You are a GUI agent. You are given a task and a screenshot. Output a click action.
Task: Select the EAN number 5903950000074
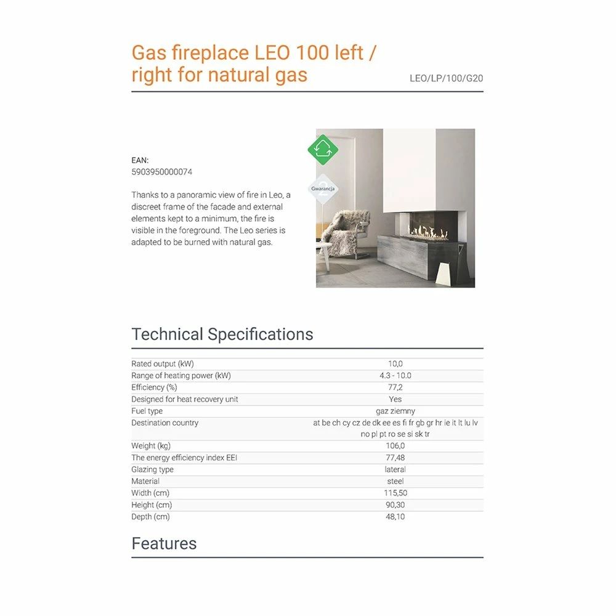(x=161, y=172)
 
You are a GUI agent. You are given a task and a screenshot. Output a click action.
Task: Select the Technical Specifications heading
(x=222, y=334)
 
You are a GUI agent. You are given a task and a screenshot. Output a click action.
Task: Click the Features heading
(x=164, y=543)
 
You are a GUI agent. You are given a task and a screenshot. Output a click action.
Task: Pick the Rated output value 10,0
(x=395, y=364)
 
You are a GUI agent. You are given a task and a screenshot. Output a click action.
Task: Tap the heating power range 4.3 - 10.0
(x=395, y=376)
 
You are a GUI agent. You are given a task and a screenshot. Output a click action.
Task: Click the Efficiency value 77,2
(x=395, y=387)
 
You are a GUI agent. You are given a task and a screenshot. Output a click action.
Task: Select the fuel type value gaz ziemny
(x=395, y=411)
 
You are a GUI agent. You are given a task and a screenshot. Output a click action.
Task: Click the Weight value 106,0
(x=395, y=446)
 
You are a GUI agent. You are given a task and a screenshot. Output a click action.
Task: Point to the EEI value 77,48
(x=395, y=458)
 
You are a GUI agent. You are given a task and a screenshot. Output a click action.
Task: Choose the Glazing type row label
(x=152, y=469)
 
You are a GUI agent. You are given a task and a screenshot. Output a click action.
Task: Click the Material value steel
(x=395, y=481)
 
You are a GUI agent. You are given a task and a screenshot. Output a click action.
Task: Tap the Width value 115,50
(x=395, y=493)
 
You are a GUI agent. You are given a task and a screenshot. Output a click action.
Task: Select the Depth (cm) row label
(x=150, y=517)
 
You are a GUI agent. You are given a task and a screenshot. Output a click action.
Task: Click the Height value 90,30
(x=395, y=505)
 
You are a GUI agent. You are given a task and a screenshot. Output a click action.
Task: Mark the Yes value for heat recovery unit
(x=395, y=399)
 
